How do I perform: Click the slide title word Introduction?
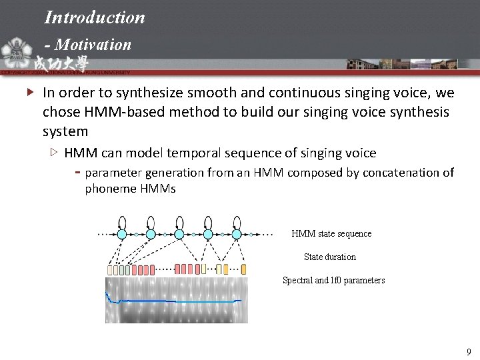(94, 17)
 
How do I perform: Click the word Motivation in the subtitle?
(93, 45)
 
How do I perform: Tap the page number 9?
(469, 352)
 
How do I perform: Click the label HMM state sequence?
(331, 234)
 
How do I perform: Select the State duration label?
(329, 257)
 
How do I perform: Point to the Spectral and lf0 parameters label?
(333, 281)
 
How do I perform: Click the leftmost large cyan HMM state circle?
(122, 234)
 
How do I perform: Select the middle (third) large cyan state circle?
(179, 234)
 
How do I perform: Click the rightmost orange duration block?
(243, 269)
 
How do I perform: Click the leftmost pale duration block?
(110, 270)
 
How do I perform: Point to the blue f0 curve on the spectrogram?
(173, 301)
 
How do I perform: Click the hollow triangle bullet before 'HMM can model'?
(54, 153)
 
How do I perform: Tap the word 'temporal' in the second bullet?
(195, 153)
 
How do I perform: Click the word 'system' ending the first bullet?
(65, 131)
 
